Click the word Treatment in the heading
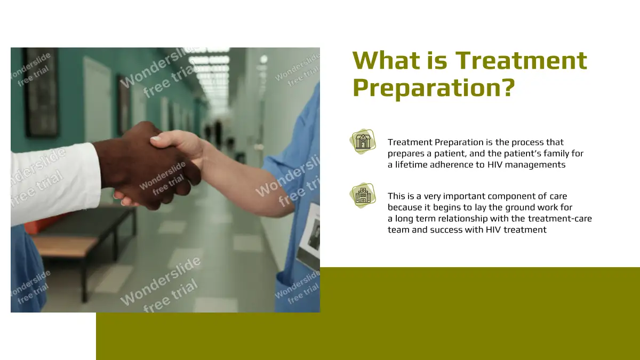point(521,61)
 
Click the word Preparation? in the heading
point(434,89)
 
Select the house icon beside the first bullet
point(363,142)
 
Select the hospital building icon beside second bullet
point(363,196)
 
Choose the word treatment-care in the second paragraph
point(559,219)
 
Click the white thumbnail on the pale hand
point(156,139)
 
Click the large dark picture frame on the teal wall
point(42,92)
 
